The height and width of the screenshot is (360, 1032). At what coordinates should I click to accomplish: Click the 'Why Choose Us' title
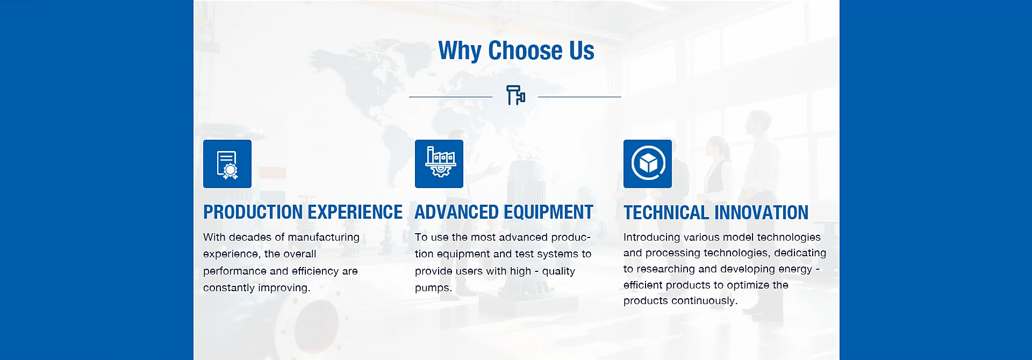pyautogui.click(x=516, y=51)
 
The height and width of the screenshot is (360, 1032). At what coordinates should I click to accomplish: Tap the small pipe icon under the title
pyautogui.click(x=515, y=95)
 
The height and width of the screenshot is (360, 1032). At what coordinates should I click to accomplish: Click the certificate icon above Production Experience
pyautogui.click(x=227, y=164)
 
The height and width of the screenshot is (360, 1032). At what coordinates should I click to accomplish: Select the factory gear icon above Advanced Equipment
pyautogui.click(x=439, y=164)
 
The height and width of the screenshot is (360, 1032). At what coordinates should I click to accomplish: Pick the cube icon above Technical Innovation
pyautogui.click(x=648, y=164)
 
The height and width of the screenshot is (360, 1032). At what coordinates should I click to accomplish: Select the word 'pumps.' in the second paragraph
pyautogui.click(x=433, y=288)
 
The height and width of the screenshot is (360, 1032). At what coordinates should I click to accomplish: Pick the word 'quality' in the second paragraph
pyautogui.click(x=558, y=271)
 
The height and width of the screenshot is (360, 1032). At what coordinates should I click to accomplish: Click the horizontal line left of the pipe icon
pyautogui.click(x=450, y=97)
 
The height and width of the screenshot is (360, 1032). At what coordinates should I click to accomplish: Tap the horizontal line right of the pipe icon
pyautogui.click(x=579, y=97)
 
